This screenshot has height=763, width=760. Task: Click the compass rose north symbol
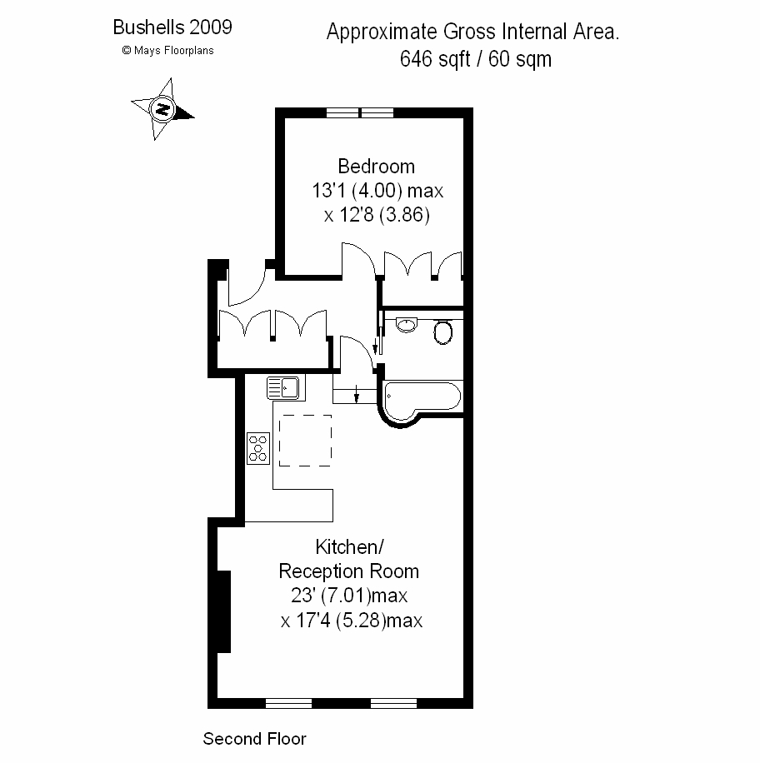pyautogui.click(x=162, y=109)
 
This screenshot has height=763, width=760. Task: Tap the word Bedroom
pyautogui.click(x=377, y=167)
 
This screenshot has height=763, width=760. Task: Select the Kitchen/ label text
pyautogui.click(x=349, y=547)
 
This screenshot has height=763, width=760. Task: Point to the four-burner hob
pyautogui.click(x=258, y=448)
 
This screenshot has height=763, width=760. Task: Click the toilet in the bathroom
pyautogui.click(x=443, y=332)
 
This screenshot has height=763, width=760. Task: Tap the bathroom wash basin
pyautogui.click(x=407, y=325)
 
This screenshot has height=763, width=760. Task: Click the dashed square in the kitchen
pyautogui.click(x=305, y=441)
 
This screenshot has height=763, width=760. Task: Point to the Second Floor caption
pyautogui.click(x=255, y=739)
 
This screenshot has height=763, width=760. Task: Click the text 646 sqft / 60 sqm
pyautogui.click(x=476, y=59)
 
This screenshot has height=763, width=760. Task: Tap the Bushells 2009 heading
pyautogui.click(x=172, y=27)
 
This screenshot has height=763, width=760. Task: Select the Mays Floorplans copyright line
pyautogui.click(x=168, y=50)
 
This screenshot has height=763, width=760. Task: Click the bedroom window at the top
pyautogui.click(x=360, y=113)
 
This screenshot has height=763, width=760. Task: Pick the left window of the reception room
pyautogui.click(x=288, y=703)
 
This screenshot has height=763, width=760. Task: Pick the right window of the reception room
pyautogui.click(x=393, y=703)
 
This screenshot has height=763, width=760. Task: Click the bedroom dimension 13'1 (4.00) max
pyautogui.click(x=377, y=191)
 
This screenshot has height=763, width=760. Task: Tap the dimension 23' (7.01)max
pyautogui.click(x=349, y=595)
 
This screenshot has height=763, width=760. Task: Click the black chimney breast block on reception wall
pyautogui.click(x=223, y=611)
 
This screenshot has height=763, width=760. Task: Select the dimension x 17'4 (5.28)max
pyautogui.click(x=352, y=621)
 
